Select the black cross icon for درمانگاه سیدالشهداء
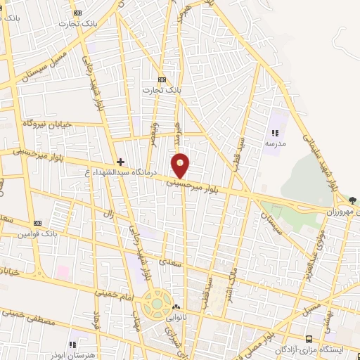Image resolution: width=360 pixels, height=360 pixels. (120, 162)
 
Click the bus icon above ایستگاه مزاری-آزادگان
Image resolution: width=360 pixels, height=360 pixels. (309, 339)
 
